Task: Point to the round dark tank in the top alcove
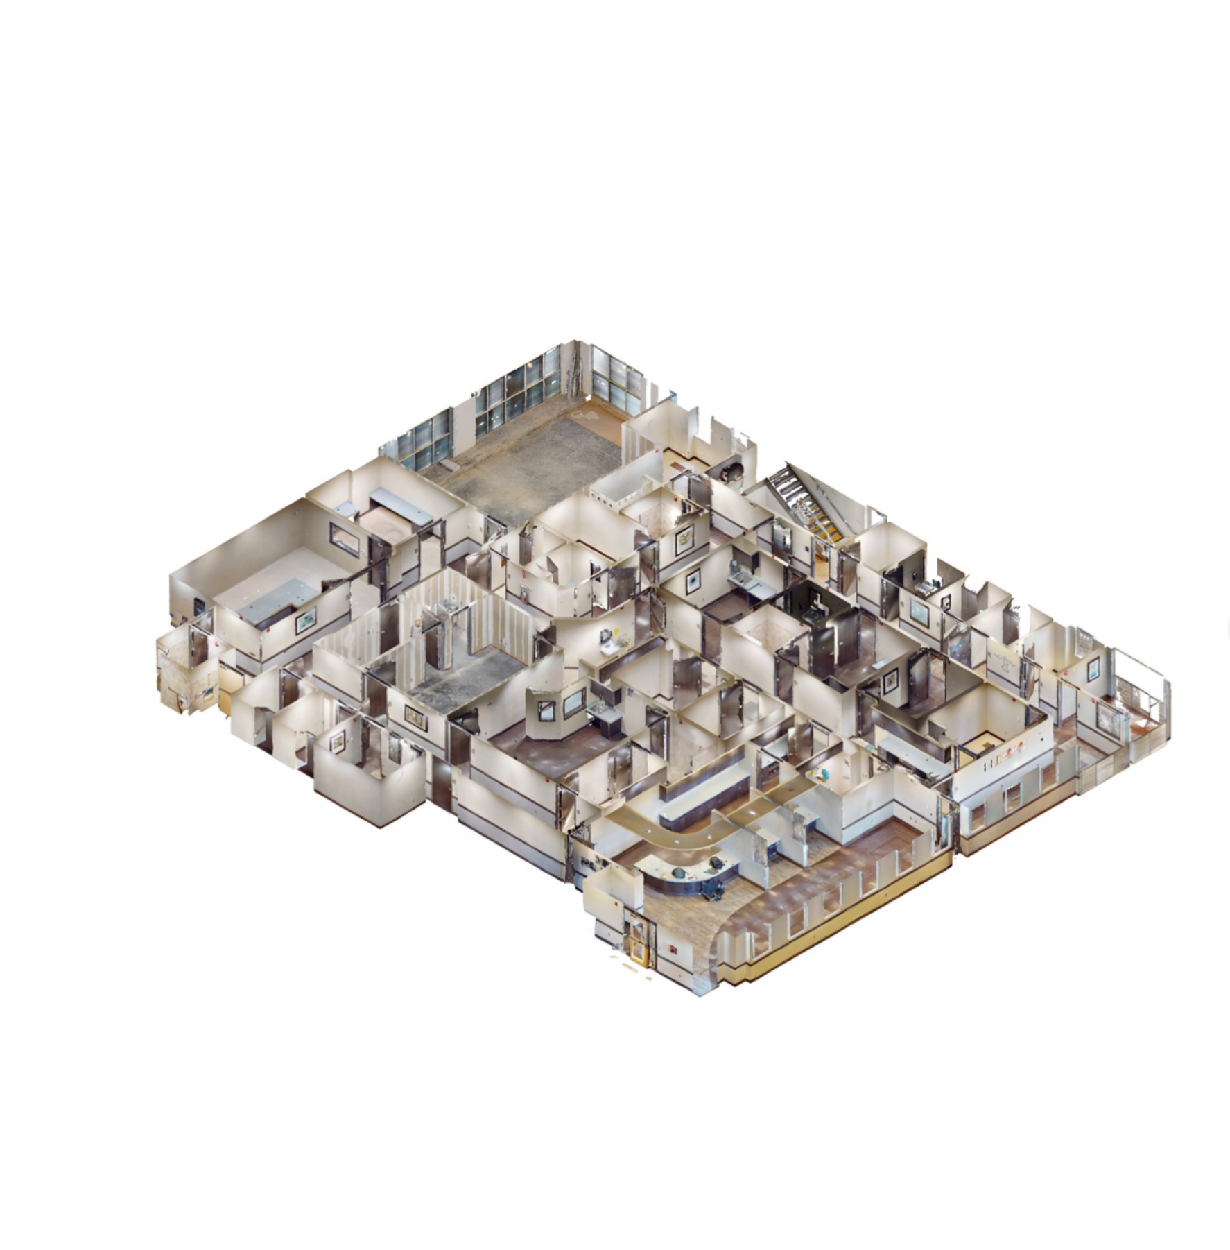pos(729,472)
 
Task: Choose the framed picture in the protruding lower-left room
pos(336,742)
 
